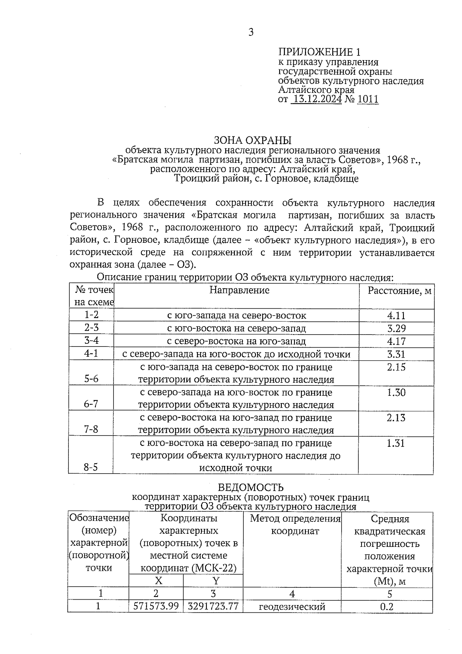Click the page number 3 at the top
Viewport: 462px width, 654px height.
251,32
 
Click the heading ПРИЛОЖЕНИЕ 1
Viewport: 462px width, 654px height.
320,52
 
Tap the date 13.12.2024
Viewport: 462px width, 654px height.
316,99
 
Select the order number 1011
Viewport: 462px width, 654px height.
368,99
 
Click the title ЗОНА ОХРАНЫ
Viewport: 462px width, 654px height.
253,140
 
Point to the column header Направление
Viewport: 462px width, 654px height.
239,290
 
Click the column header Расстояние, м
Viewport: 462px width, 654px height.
399,291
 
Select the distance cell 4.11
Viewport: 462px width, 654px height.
396,316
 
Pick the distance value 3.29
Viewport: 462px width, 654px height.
396,328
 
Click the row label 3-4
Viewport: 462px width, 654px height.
91,341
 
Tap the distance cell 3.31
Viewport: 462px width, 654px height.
396,354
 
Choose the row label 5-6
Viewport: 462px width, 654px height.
91,379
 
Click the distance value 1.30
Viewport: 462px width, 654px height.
396,392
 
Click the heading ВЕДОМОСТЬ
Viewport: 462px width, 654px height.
251,488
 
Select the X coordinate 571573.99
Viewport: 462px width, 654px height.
156,606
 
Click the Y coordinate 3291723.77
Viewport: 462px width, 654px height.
213,606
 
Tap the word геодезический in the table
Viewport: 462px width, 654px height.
292,607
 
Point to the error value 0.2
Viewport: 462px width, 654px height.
387,607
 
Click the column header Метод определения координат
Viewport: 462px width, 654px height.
295,525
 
